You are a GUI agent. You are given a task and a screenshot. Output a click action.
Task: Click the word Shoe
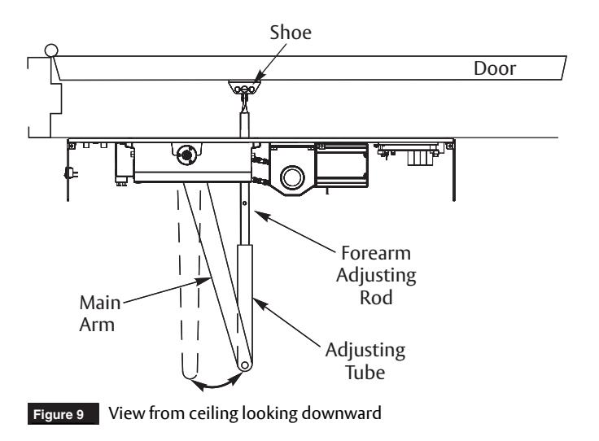click(291, 33)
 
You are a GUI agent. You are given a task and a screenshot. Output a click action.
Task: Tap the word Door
click(495, 68)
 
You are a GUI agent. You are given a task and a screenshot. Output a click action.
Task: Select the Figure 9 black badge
click(63, 414)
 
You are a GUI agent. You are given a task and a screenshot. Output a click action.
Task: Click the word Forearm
click(376, 253)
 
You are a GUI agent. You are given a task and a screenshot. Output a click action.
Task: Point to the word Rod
click(376, 298)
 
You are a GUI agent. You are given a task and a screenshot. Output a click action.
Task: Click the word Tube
click(365, 373)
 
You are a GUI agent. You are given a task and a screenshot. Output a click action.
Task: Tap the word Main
click(100, 303)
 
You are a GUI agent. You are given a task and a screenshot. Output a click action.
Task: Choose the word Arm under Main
click(97, 325)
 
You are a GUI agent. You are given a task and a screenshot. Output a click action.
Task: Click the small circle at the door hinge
click(51, 50)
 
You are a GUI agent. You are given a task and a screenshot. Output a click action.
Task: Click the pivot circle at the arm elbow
click(244, 365)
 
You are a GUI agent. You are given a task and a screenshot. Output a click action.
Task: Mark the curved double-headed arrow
click(216, 386)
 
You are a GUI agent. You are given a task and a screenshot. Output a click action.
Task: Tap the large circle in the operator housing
click(293, 177)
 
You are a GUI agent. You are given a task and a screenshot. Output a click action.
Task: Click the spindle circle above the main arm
click(187, 155)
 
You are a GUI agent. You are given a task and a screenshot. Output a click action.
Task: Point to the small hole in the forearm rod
click(244, 203)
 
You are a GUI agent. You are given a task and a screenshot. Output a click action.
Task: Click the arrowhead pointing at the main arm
click(203, 281)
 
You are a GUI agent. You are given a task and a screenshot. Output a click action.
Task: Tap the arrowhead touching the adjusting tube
click(260, 304)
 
